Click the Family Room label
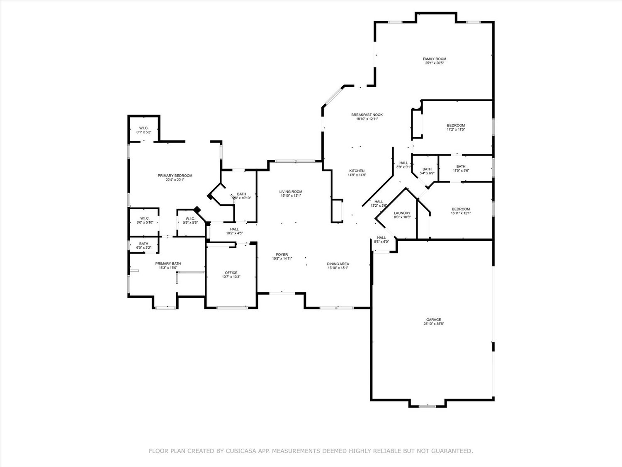[434, 59]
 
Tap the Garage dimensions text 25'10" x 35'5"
[434, 324]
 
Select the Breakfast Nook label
[367, 115]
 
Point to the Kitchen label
[357, 171]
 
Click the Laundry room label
[402, 213]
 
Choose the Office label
[231, 273]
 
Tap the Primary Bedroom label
[175, 176]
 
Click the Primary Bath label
[168, 264]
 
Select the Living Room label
[291, 192]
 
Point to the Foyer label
[282, 254]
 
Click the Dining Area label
[338, 264]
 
